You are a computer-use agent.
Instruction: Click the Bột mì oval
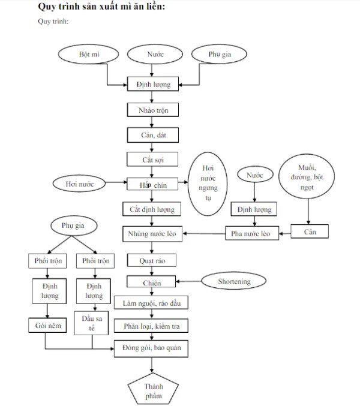tap(89, 55)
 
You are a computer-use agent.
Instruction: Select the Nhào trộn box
tap(152, 110)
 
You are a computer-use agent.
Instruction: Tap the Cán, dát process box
tap(152, 135)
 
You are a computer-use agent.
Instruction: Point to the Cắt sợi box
tap(152, 160)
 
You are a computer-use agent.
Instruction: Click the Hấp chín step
tap(152, 184)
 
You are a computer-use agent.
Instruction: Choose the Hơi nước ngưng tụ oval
tap(206, 185)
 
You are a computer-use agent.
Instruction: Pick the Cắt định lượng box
tap(152, 209)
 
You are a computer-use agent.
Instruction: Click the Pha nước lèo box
tap(252, 232)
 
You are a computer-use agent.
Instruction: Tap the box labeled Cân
tap(310, 231)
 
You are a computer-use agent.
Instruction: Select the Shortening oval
tap(233, 280)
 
